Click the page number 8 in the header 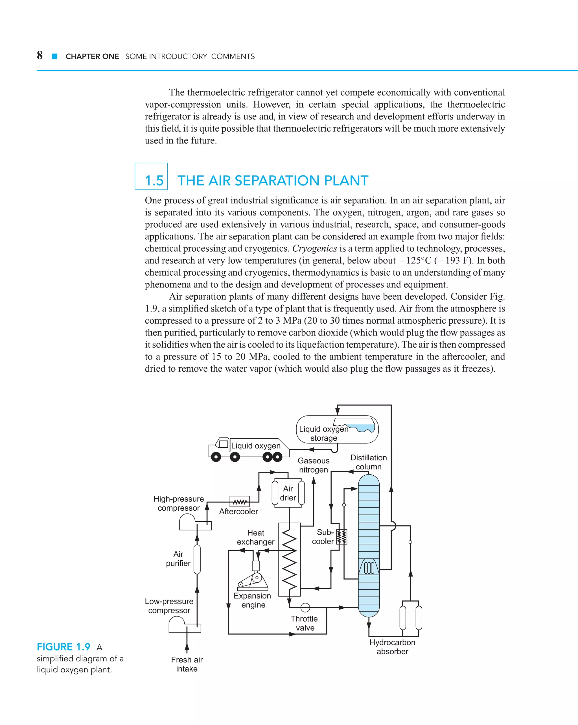(40, 55)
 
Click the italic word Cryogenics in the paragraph (314, 249)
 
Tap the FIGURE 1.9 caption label (64, 647)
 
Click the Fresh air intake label (187, 664)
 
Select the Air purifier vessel (197, 559)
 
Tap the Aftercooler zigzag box (240, 501)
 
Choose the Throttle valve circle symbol (305, 607)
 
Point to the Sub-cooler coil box (341, 537)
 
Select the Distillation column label (369, 462)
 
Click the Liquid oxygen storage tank (337, 429)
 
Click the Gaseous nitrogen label (314, 465)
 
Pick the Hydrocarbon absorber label (392, 647)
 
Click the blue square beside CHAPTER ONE (55, 56)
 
